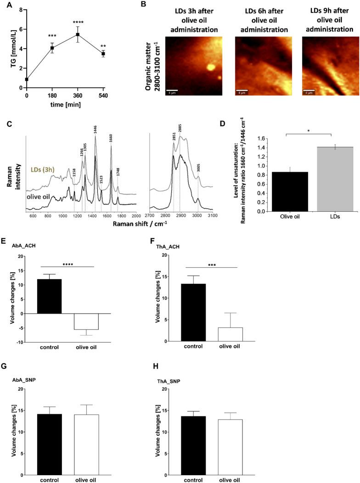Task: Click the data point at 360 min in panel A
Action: [x=78, y=34]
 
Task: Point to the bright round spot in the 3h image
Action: [x=211, y=67]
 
